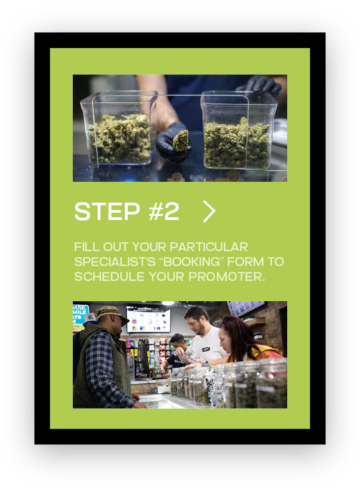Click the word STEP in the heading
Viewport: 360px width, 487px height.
click(107, 211)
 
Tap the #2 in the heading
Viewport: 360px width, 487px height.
click(164, 211)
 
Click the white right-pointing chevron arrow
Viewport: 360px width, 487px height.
click(209, 211)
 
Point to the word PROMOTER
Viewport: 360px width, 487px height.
click(227, 276)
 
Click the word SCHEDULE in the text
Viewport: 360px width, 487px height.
click(109, 276)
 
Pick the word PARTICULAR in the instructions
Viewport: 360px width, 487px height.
click(208, 247)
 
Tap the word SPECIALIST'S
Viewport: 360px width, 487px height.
click(115, 262)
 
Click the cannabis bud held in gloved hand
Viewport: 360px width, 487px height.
click(181, 140)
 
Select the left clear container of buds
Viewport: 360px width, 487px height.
click(118, 128)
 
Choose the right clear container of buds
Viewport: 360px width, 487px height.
click(238, 130)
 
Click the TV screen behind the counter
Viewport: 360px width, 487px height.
click(149, 319)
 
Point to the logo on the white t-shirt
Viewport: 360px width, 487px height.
click(206, 349)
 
